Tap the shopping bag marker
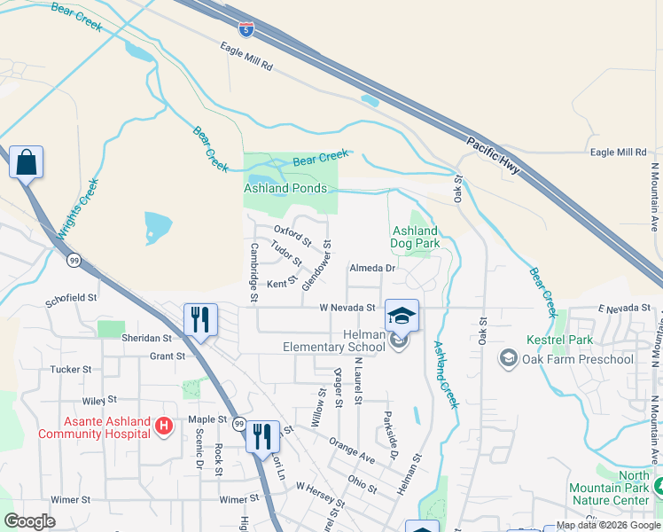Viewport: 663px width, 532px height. click(27, 162)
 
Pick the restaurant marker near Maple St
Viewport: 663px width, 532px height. click(261, 436)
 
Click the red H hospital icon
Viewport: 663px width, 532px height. click(163, 427)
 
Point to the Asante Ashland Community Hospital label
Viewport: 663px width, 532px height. click(93, 427)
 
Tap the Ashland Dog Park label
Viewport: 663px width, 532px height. click(416, 237)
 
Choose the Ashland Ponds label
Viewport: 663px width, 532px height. click(285, 189)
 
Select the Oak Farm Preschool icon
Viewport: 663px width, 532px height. click(508, 358)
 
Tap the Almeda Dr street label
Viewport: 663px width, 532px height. click(372, 267)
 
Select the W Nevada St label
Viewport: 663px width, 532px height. click(348, 308)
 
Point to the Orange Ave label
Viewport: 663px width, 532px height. click(351, 448)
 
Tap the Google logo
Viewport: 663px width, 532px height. click(30, 521)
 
